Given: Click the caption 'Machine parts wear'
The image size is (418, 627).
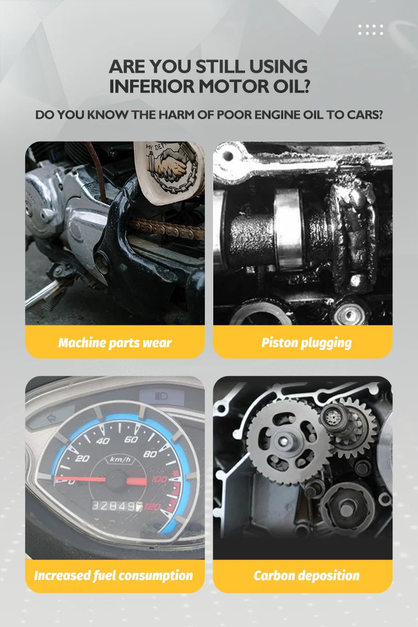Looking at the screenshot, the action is pyautogui.click(x=115, y=343).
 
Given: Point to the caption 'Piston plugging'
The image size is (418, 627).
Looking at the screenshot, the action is pyautogui.click(x=306, y=343).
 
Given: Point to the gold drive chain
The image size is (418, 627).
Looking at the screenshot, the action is pyautogui.click(x=167, y=228).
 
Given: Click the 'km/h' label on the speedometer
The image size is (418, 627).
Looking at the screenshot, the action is pyautogui.click(x=120, y=459).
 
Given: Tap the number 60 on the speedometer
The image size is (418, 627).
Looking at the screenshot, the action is pyautogui.click(x=131, y=439).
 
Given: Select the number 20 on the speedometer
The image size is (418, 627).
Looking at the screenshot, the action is pyautogui.click(x=83, y=458).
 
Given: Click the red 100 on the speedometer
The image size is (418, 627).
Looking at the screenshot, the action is pyautogui.click(x=159, y=479).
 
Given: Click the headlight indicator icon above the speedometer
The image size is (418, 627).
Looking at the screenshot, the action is pyautogui.click(x=161, y=396).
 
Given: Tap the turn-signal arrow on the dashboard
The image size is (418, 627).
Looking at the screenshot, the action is pyautogui.click(x=51, y=418).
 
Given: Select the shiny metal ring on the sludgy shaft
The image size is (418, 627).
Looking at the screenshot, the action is pyautogui.click(x=288, y=229).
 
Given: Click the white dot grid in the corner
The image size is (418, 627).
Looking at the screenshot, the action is pyautogui.click(x=370, y=30).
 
